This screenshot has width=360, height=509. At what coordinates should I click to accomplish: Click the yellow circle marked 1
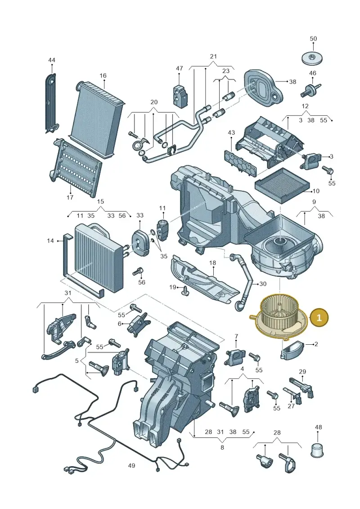pyautogui.click(x=319, y=317)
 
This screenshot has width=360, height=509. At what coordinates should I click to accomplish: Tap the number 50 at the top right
pyautogui.click(x=313, y=39)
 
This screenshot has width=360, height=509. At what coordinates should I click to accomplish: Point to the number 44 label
pyautogui.click(x=52, y=60)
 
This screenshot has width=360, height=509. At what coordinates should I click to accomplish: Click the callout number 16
pyautogui.click(x=103, y=76)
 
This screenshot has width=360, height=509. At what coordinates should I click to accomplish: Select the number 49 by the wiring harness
pyautogui.click(x=131, y=466)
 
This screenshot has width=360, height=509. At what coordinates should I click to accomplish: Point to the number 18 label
pyautogui.click(x=212, y=263)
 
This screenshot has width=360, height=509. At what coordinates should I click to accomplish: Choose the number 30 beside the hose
pyautogui.click(x=263, y=284)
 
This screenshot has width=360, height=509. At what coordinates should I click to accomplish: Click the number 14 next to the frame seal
pyautogui.click(x=50, y=241)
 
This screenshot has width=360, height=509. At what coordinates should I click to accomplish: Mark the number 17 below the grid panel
pyautogui.click(x=70, y=198)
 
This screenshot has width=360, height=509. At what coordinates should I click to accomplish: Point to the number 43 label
pyautogui.click(x=231, y=133)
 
